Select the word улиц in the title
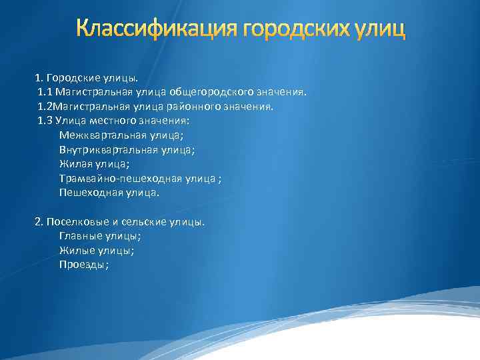[381, 30]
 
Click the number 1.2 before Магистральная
[45, 106]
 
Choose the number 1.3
[45, 121]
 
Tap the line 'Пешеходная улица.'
[109, 193]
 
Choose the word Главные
[79, 236]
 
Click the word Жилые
[75, 251]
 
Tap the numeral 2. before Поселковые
[39, 221]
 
